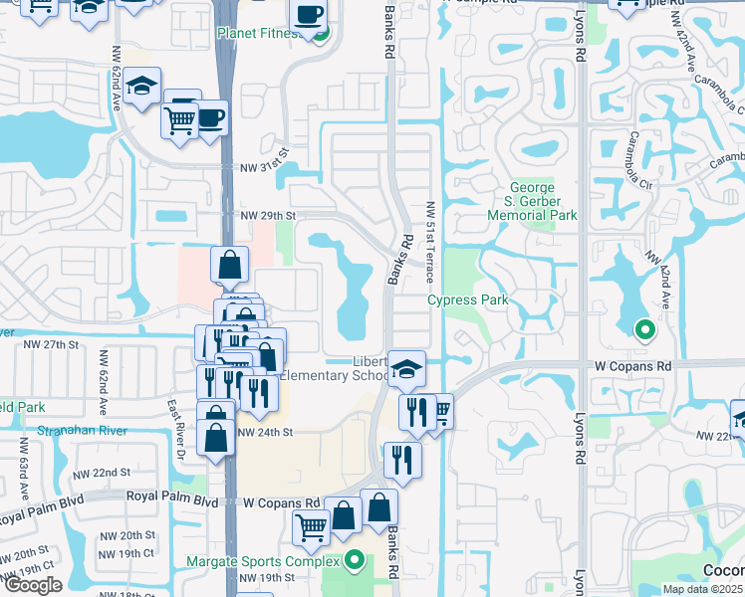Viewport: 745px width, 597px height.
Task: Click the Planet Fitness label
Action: tap(259, 33)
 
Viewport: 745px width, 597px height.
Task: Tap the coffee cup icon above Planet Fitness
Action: tap(309, 15)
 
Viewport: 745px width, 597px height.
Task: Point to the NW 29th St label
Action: tap(268, 215)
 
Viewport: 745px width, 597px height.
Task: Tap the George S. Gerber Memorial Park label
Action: tap(543, 200)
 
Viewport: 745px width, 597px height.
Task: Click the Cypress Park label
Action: tap(468, 299)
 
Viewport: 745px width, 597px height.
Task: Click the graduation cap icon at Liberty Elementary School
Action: tap(405, 369)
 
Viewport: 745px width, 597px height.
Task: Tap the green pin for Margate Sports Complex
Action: tap(354, 560)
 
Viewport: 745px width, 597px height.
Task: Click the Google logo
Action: tap(33, 585)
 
